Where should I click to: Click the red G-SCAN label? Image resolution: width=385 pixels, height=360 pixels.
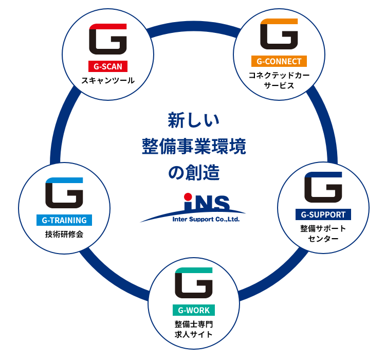108,66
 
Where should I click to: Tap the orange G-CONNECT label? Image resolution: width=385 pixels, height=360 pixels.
279,62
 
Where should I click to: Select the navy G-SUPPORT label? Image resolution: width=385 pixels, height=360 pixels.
323,214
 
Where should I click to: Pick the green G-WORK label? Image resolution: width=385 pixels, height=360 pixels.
193,310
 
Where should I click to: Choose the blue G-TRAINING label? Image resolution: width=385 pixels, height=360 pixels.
64,221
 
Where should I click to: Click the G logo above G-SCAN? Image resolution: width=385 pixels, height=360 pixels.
108,40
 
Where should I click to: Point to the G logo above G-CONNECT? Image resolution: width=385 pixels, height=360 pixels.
279,34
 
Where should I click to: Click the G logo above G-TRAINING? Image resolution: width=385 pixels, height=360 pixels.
64,193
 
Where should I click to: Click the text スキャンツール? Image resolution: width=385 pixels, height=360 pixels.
108,80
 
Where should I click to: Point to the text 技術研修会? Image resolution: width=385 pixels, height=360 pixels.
64,235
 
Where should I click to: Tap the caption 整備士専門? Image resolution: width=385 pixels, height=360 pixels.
193,325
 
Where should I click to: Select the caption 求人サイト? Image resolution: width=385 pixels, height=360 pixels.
193,335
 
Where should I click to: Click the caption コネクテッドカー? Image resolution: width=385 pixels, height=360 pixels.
279,76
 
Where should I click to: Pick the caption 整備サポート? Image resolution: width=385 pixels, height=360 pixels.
323,228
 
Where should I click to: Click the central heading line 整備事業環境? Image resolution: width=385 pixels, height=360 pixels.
194,147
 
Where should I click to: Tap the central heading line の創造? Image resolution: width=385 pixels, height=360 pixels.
194,173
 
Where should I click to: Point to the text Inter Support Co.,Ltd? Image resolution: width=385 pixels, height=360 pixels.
206,218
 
